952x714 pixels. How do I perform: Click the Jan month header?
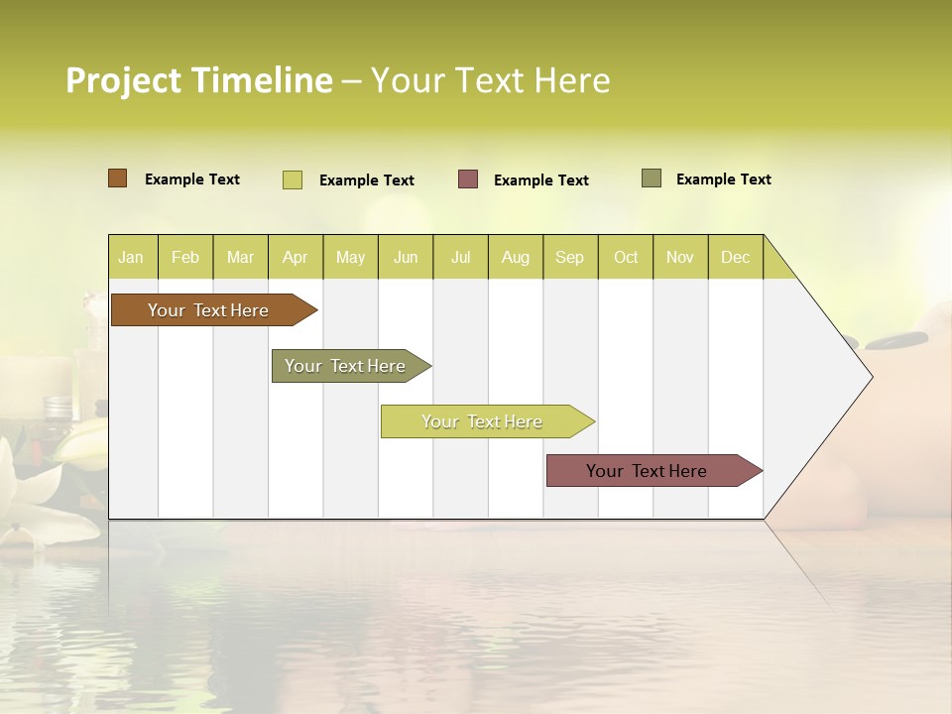click(x=132, y=257)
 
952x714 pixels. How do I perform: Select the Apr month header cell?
click(x=296, y=257)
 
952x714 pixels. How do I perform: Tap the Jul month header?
click(x=460, y=257)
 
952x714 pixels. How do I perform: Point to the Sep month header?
click(x=570, y=257)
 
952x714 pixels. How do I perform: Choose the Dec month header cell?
click(x=735, y=257)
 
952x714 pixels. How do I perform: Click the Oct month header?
click(x=626, y=257)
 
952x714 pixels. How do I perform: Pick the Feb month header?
click(x=185, y=257)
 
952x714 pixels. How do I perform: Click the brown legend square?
click(x=118, y=178)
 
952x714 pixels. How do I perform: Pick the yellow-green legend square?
click(x=293, y=179)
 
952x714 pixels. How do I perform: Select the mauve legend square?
click(x=468, y=179)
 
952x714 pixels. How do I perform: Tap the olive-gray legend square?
click(x=652, y=178)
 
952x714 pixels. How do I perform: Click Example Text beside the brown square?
click(x=192, y=179)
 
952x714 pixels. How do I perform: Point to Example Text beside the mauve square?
click(x=541, y=180)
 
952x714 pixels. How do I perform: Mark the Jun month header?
click(x=406, y=257)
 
